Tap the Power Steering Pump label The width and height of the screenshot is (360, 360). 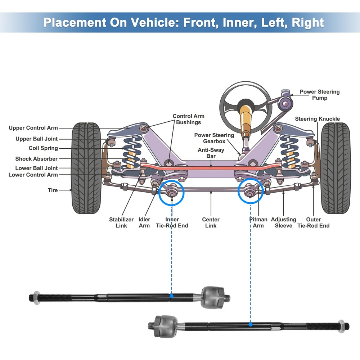[319, 95]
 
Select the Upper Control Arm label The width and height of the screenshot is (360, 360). [33, 128]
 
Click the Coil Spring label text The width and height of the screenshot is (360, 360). [43, 148]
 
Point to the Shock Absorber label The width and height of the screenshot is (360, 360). [36, 159]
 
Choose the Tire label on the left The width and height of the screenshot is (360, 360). [53, 190]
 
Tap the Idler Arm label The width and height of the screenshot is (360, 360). [144, 222]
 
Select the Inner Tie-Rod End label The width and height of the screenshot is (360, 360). [172, 222]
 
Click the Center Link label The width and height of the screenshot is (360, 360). [211, 222]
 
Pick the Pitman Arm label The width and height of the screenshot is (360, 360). [258, 222]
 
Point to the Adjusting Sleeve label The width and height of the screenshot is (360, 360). [283, 222]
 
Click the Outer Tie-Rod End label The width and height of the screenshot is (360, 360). [313, 222]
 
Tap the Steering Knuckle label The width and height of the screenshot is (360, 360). [317, 119]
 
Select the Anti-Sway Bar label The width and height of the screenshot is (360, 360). [211, 153]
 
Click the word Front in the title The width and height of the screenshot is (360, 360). [199, 22]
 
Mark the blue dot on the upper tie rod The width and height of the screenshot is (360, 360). [171, 296]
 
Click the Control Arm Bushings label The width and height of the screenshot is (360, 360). [188, 119]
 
